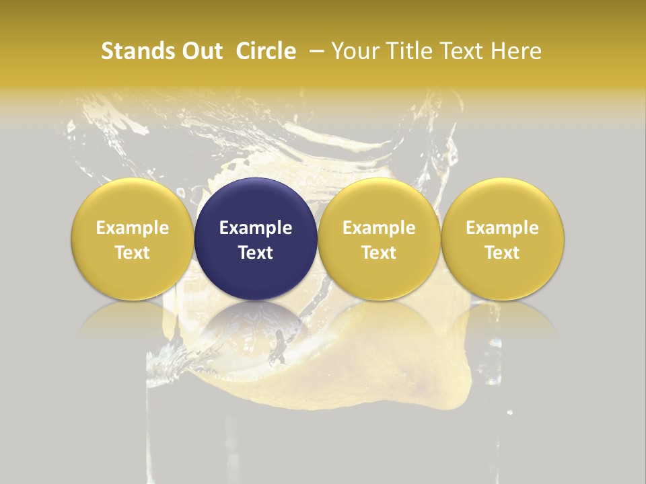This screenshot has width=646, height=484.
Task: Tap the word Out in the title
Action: (x=201, y=51)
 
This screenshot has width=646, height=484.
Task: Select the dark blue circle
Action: (x=256, y=239)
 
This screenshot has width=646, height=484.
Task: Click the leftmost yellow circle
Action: (x=133, y=239)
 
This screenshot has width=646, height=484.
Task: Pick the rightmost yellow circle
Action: (x=503, y=239)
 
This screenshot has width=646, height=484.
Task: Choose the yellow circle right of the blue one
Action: (x=379, y=239)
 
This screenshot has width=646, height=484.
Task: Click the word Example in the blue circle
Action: (x=256, y=228)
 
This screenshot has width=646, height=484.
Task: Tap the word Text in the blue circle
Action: (x=256, y=253)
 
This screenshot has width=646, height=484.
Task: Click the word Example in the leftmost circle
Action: (x=133, y=228)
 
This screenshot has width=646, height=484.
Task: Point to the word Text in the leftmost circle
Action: (x=133, y=253)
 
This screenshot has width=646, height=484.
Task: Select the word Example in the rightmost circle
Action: (x=503, y=228)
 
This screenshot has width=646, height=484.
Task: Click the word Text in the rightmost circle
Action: (x=503, y=253)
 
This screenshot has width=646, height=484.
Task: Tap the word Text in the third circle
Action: (x=379, y=253)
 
